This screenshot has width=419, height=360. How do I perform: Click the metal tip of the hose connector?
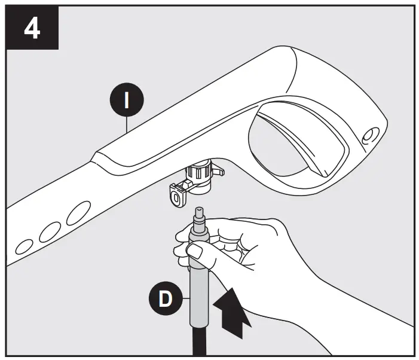(x=198, y=215)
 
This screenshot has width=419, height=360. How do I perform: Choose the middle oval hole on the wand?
(x=50, y=231)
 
